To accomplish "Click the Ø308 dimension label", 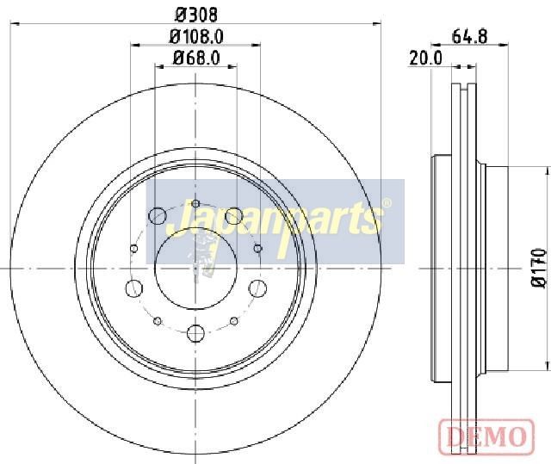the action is click(196, 15).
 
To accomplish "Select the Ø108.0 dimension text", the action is click(196, 37).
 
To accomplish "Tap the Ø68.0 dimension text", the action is click(196, 58).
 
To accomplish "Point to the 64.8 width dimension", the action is click(469, 36).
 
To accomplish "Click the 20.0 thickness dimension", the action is click(425, 58).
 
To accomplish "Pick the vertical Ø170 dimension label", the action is click(540, 268).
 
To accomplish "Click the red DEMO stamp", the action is click(486, 436).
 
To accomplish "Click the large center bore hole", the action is click(195, 269).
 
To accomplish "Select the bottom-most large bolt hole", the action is click(195, 333).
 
